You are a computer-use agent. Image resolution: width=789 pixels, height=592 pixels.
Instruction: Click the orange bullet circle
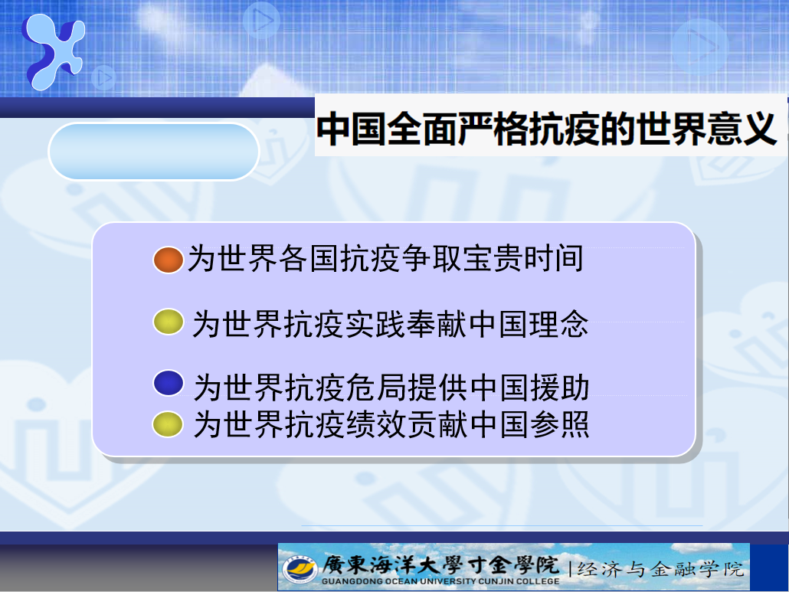click(x=168, y=260)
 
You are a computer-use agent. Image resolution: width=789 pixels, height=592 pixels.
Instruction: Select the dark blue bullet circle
click(x=168, y=383)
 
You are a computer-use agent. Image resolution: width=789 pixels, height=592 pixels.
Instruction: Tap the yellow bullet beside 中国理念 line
click(x=168, y=322)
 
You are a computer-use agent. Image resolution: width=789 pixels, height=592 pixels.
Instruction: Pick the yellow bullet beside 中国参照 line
click(x=168, y=424)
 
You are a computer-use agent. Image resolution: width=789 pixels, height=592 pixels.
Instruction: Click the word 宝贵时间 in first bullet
click(x=523, y=259)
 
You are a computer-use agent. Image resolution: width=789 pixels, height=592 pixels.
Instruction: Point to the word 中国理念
click(x=529, y=324)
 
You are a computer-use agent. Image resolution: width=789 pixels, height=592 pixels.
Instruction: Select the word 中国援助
click(x=529, y=388)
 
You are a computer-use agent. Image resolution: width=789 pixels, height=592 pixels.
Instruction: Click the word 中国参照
click(x=529, y=424)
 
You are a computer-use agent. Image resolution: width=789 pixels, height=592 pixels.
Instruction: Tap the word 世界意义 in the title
click(x=706, y=129)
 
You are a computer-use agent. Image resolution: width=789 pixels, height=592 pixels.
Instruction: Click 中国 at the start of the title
click(x=352, y=129)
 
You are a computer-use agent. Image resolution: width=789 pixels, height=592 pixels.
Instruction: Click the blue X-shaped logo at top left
click(x=54, y=51)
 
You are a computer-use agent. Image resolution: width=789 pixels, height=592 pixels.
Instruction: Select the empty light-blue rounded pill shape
click(x=153, y=152)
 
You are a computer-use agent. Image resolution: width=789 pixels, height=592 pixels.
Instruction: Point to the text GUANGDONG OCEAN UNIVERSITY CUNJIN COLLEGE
click(x=440, y=581)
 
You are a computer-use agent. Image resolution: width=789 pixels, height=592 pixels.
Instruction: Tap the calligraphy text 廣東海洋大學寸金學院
click(x=440, y=564)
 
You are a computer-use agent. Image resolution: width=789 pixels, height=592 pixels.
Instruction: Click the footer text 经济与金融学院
click(x=660, y=569)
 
